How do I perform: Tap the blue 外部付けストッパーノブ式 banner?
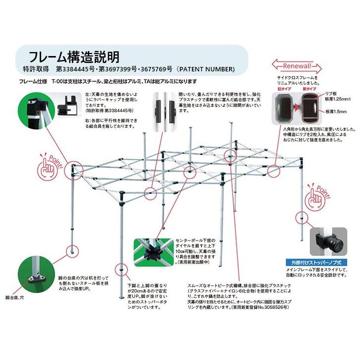tap(317, 262)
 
